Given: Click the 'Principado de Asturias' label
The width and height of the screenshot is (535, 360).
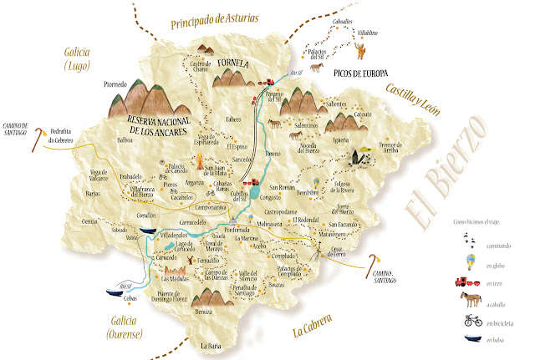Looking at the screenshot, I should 215,18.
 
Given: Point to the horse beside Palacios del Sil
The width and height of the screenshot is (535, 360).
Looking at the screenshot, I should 316,64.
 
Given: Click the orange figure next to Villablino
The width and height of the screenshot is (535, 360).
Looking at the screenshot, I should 360,52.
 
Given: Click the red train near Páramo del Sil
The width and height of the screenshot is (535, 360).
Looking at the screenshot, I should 268,83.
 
